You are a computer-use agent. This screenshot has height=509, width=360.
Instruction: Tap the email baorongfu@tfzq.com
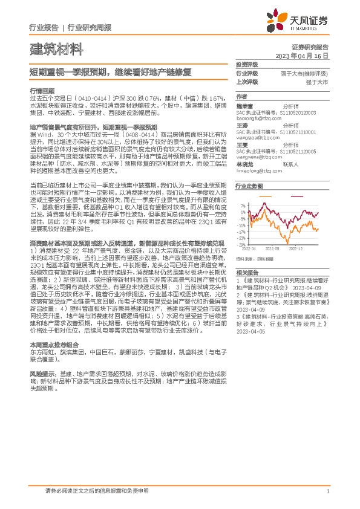click(256, 117)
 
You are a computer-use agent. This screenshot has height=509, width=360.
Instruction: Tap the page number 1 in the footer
click(327, 490)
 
